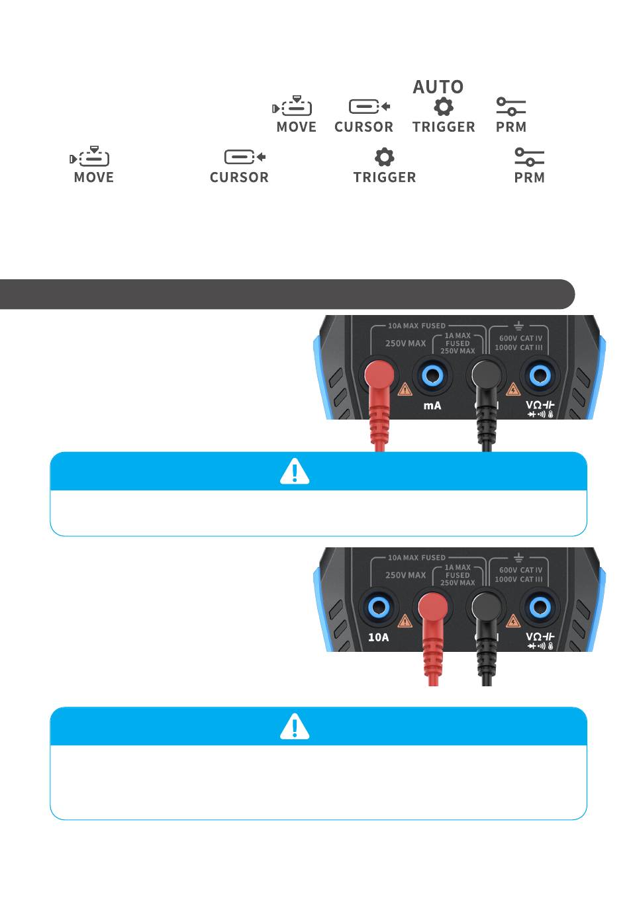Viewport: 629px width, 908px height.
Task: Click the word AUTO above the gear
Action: [438, 87]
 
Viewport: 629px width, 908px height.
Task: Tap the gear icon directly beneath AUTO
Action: [443, 107]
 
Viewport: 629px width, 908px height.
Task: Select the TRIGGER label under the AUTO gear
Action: [444, 127]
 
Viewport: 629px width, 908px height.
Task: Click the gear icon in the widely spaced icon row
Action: [384, 157]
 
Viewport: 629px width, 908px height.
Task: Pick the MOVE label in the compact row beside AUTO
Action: [296, 127]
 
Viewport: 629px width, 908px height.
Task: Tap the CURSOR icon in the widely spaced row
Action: [245, 157]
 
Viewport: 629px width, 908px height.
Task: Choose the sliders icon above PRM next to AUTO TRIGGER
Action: [510, 107]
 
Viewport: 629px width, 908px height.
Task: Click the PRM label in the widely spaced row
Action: [529, 177]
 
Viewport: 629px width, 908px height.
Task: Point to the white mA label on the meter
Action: [432, 405]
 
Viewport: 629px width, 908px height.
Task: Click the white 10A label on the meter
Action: [378, 637]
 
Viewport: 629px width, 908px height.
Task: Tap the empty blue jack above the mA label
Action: [432, 376]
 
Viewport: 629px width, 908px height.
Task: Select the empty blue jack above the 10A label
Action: [378, 608]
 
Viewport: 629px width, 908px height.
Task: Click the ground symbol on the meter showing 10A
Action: [518, 557]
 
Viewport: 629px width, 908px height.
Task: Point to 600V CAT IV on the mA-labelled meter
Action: [520, 338]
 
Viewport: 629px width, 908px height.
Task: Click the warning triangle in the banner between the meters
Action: [295, 471]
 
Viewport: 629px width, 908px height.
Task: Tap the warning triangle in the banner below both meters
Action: [295, 726]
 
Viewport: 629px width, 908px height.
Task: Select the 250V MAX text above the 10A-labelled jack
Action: [406, 575]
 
